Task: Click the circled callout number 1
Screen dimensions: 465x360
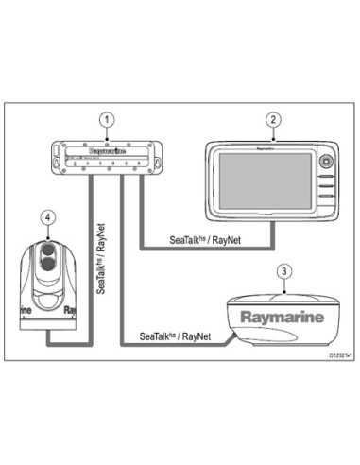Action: click(x=108, y=120)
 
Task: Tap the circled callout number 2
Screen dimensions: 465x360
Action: click(x=272, y=120)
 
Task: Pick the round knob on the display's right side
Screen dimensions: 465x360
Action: click(x=324, y=161)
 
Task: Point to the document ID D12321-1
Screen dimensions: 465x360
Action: click(x=338, y=356)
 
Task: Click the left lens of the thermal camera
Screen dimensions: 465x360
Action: click(x=43, y=253)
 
